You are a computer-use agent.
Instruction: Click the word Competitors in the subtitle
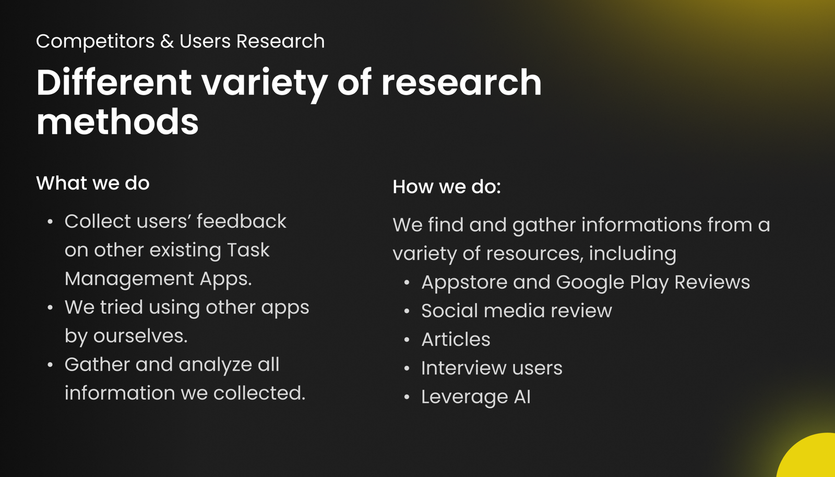coord(95,41)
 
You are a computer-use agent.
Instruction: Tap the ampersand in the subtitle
coord(167,41)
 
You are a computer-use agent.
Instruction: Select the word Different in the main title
coord(114,82)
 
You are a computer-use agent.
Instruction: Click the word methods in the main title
coord(117,122)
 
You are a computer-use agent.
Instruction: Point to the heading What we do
coord(93,183)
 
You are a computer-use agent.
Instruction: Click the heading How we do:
coord(447,186)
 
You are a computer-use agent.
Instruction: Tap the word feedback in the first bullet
coord(242,221)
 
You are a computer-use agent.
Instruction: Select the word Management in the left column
coord(129,279)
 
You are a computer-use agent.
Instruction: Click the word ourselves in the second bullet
coord(140,336)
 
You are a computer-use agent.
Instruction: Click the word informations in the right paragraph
coord(641,225)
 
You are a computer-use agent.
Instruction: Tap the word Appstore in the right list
coord(464,283)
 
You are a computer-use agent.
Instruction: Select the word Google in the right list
coord(590,283)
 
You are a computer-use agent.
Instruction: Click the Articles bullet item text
coord(456,340)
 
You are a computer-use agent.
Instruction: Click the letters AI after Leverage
coord(522,397)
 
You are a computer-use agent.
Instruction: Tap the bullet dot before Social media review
coord(407,311)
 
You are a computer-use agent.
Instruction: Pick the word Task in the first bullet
coord(248,250)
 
